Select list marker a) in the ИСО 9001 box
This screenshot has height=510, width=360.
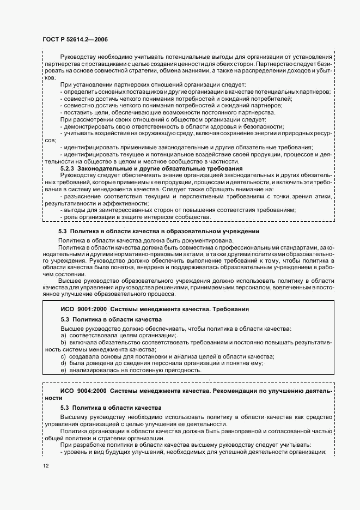click(x=63, y=336)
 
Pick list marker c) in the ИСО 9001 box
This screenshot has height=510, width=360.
click(x=63, y=356)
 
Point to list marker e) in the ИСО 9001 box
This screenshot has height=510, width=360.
click(x=63, y=371)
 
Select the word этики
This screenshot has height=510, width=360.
click(x=320, y=196)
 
